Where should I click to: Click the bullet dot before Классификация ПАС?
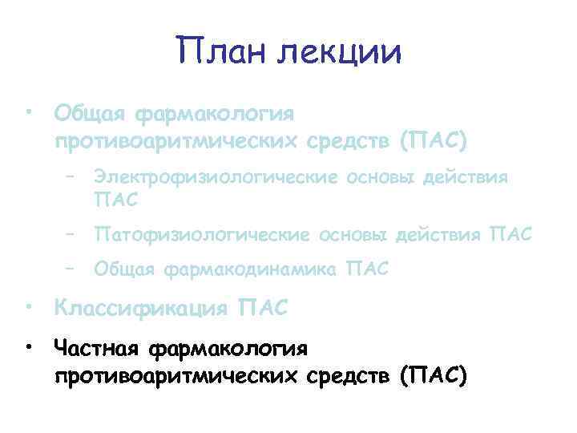28,306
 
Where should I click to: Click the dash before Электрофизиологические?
71,176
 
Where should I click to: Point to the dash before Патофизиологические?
71,235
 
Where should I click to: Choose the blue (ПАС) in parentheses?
432,140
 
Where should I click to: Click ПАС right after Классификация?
264,307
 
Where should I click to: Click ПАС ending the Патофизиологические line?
508,235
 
